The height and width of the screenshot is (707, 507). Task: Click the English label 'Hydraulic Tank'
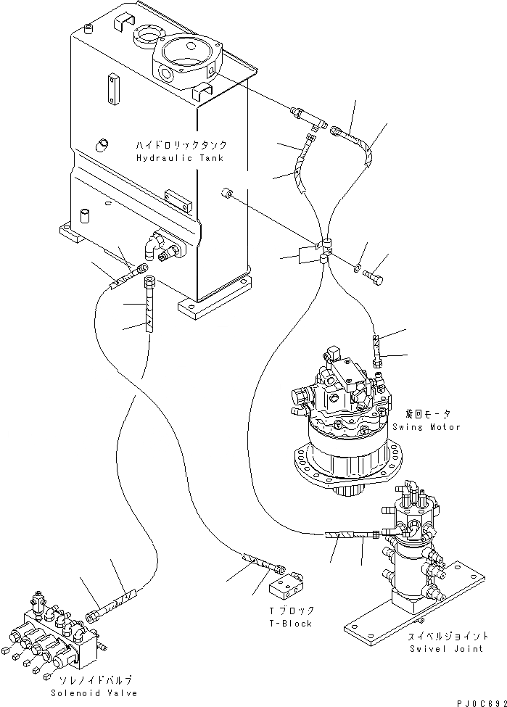click(x=178, y=158)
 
